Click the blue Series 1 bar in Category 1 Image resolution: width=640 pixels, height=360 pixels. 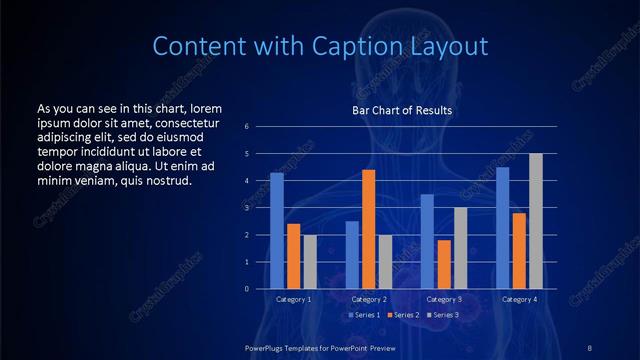click(x=277, y=231)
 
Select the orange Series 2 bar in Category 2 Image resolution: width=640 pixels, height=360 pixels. click(x=368, y=229)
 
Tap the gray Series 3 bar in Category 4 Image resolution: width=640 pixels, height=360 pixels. click(x=535, y=221)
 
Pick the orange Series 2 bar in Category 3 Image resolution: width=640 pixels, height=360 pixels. click(x=443, y=264)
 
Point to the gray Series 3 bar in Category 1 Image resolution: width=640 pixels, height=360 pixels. click(x=310, y=262)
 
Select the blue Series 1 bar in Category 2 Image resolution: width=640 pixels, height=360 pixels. click(x=352, y=255)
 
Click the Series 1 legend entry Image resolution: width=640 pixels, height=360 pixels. click(x=364, y=315)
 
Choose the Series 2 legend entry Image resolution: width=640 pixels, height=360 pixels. click(x=402, y=315)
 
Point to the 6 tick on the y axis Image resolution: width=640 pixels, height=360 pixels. click(x=260, y=127)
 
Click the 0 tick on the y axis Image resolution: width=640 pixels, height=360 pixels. click(x=260, y=289)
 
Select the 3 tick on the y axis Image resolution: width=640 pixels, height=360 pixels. click(x=260, y=208)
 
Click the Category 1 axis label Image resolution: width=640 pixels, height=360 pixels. click(x=293, y=299)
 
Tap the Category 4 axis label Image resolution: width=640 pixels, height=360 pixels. click(x=518, y=299)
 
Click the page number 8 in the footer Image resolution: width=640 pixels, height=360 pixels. click(x=589, y=346)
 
